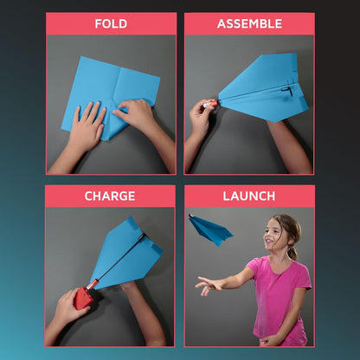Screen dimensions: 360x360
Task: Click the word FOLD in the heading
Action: coord(111,23)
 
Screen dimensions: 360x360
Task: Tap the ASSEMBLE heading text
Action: coord(249,23)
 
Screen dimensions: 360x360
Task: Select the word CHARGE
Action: coord(110,196)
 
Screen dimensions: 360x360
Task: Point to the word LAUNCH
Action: coord(249,196)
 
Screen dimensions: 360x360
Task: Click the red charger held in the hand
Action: coord(83,298)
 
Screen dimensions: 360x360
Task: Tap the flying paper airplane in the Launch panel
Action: coord(210,230)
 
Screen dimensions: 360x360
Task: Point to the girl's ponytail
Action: coord(292,252)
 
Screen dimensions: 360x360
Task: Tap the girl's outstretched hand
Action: coord(206,285)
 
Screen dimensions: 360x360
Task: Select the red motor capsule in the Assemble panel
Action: coord(210,103)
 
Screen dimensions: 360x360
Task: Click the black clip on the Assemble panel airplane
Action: coord(287,91)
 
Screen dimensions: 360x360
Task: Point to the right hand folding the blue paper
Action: coord(135,113)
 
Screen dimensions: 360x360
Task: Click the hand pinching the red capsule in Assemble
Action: coord(200,115)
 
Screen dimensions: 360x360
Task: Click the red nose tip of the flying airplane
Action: coord(190,215)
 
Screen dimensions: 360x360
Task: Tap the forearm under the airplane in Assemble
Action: coord(288,145)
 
